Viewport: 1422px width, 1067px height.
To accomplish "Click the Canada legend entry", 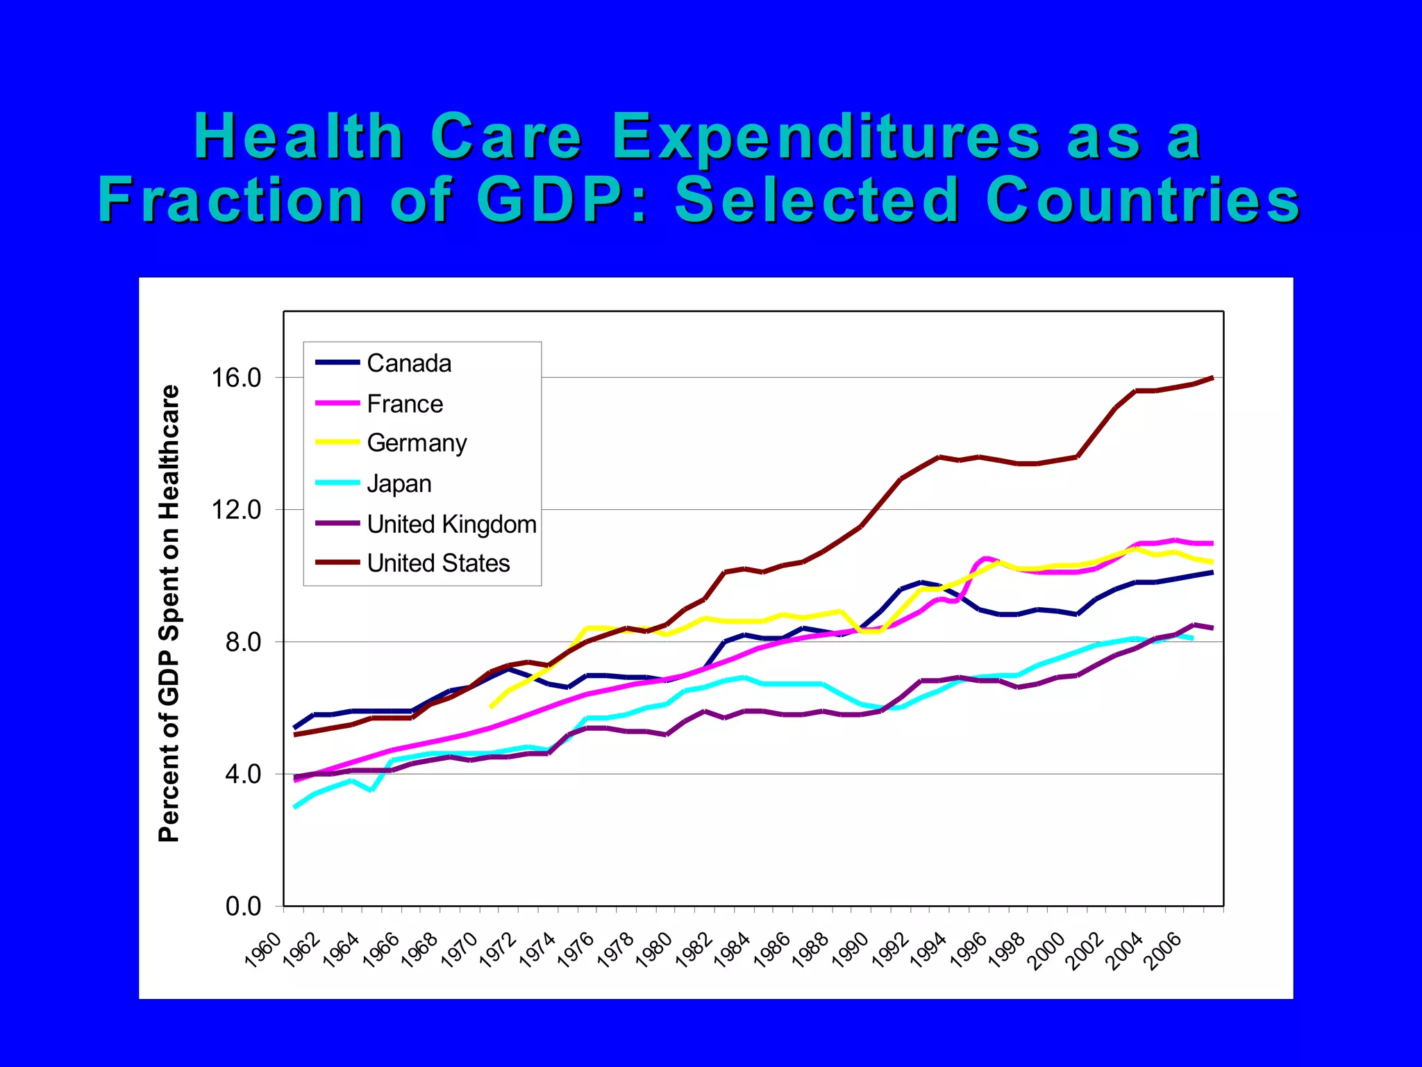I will tap(408, 363).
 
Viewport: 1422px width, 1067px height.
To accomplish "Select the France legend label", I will tap(404, 404).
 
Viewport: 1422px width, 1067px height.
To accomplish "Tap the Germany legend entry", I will tap(417, 443).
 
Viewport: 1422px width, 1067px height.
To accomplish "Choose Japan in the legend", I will tap(399, 483).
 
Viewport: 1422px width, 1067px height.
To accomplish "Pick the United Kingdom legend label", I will tap(451, 524).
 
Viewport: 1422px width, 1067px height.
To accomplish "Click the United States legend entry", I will tap(438, 563).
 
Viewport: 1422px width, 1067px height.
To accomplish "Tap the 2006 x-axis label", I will tap(1164, 950).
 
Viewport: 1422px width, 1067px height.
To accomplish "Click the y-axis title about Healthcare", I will tap(169, 613).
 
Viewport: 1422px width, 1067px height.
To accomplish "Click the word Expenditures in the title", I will tap(826, 137).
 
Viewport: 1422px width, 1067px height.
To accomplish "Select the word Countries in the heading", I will tap(1142, 200).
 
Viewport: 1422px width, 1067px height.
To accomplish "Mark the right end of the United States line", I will tap(1212, 378).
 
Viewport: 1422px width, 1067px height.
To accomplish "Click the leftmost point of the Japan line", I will tap(295, 807).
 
